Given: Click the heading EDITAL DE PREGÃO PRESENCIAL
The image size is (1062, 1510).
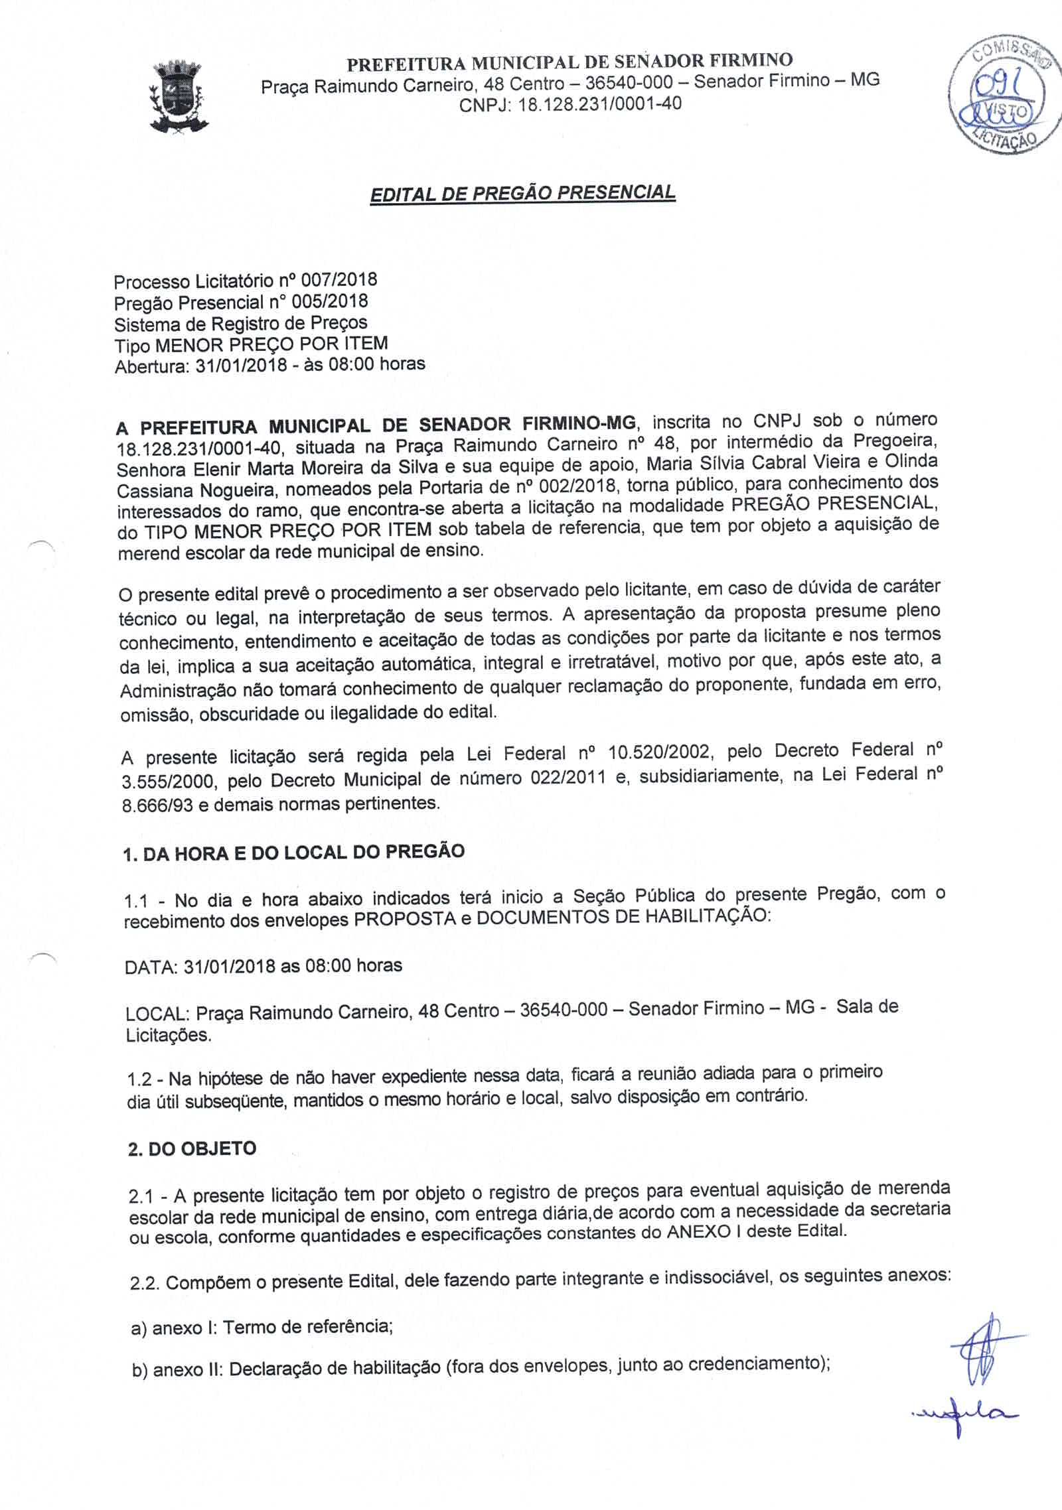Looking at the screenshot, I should click(x=523, y=193).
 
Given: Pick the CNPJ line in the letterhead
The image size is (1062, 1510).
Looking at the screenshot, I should click(x=570, y=104).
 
